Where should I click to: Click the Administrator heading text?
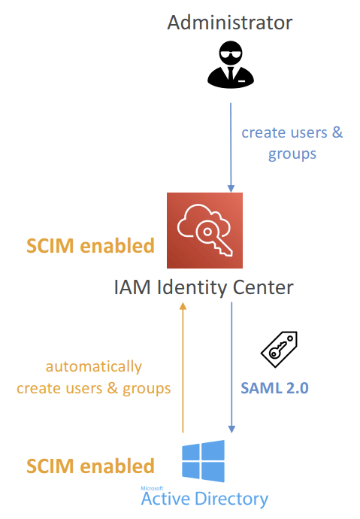click(230, 23)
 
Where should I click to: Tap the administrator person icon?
click(231, 65)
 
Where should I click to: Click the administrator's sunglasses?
click(231, 54)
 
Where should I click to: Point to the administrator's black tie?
click(231, 74)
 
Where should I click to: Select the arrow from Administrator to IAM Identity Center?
click(231, 147)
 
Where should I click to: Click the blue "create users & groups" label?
click(292, 143)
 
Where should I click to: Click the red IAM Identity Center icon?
click(204, 230)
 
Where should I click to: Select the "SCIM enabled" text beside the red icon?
click(90, 246)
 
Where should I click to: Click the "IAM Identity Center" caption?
click(204, 287)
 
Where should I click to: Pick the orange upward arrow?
click(183, 367)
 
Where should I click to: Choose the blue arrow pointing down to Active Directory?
click(231, 367)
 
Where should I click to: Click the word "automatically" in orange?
click(93, 367)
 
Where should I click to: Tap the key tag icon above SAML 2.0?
click(280, 349)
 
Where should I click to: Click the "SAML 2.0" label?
click(274, 388)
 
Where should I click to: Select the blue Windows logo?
click(204, 461)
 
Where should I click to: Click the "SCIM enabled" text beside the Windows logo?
click(90, 466)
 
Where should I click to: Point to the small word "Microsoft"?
click(152, 488)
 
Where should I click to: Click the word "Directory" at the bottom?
click(231, 499)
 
